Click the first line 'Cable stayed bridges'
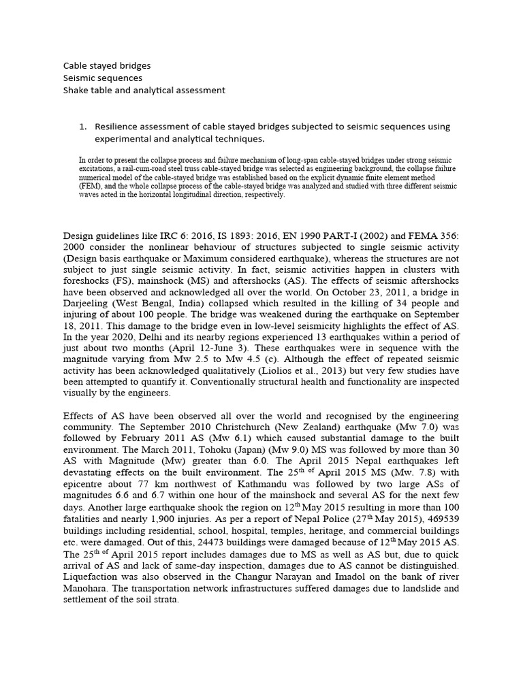click(x=107, y=66)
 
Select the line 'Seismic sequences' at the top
click(x=102, y=78)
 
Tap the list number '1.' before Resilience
click(x=84, y=127)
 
